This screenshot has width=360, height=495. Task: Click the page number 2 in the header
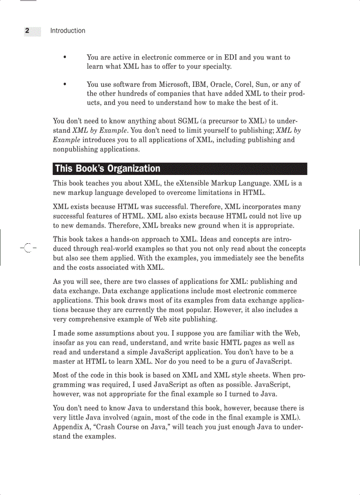pyautogui.click(x=27, y=31)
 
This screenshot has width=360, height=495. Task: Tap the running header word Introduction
pyautogui.click(x=67, y=31)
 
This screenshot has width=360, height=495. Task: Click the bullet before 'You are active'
pyautogui.click(x=65, y=57)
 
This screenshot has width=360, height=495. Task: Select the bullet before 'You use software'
pyautogui.click(x=65, y=84)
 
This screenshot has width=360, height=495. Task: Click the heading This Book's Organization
pyautogui.click(x=108, y=169)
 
